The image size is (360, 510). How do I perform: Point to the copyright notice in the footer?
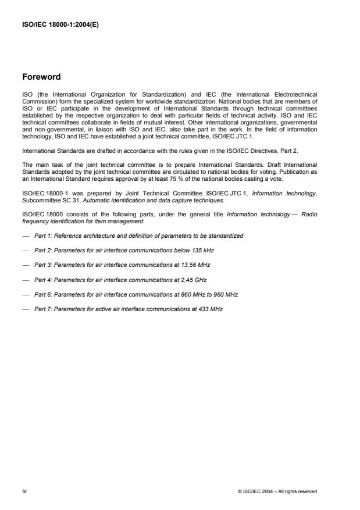click(277, 491)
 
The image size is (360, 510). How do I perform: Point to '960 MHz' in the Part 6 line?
click(225, 294)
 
